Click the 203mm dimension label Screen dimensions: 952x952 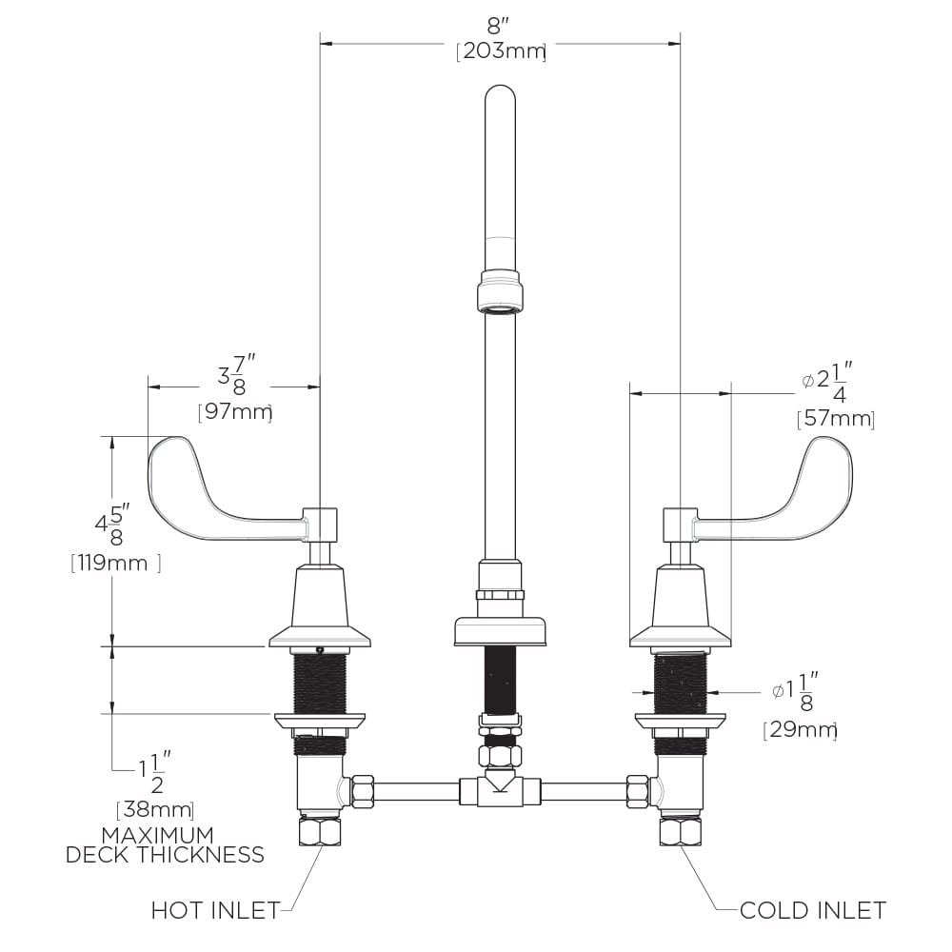(501, 51)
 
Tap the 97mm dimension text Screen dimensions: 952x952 (235, 412)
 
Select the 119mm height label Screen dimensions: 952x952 (115, 563)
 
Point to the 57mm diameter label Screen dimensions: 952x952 (836, 419)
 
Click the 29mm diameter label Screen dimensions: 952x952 (801, 729)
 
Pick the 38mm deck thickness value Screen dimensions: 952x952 (155, 809)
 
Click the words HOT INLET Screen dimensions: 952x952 (215, 910)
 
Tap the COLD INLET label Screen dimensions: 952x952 (813, 910)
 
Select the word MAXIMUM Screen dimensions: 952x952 (158, 835)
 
